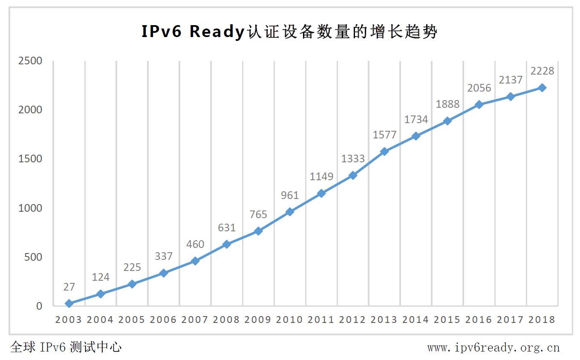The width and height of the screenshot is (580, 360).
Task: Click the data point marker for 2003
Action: tap(69, 303)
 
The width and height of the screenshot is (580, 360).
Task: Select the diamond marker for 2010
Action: tap(290, 212)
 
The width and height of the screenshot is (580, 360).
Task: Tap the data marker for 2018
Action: tap(542, 88)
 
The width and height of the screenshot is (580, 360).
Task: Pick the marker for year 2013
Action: tap(384, 151)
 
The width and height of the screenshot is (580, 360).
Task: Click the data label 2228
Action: tap(542, 71)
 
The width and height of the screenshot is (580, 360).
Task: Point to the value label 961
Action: tap(290, 195)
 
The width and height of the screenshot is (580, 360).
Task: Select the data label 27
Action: tap(69, 287)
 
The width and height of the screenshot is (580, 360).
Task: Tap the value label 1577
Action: tap(384, 135)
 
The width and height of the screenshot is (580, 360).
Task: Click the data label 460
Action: tap(195, 245)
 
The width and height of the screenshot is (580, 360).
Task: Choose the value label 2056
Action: tap(479, 88)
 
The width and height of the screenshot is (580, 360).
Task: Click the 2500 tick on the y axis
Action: tap(30, 60)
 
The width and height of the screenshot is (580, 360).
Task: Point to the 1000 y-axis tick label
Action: tap(30, 208)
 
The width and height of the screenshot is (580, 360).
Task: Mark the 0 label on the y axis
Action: tap(39, 306)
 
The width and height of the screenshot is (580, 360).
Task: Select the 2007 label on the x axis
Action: tap(195, 320)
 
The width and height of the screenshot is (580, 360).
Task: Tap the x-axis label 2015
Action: tap(447, 320)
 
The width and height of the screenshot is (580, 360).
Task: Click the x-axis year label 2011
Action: tap(321, 320)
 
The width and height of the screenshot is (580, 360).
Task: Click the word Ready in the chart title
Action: tap(216, 32)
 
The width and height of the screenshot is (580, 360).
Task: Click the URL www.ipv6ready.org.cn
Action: tap(493, 348)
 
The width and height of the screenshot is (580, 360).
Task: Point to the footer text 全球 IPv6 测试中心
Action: tap(66, 347)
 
